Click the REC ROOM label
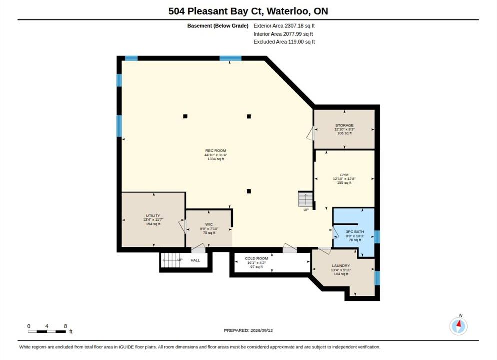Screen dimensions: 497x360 tap(216, 151)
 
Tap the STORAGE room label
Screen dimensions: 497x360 tap(344, 125)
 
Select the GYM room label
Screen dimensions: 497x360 tap(344, 175)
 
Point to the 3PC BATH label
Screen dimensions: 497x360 tap(355, 232)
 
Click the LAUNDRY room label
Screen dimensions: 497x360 tap(341, 266)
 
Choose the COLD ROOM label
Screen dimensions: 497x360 tap(256, 258)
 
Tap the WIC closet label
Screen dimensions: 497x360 tap(209, 224)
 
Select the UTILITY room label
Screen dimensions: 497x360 tap(153, 216)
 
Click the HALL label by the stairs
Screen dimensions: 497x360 tap(195, 260)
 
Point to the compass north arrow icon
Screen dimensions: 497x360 tap(458, 326)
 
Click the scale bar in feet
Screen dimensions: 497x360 tap(47, 332)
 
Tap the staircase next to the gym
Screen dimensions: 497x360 tap(305, 199)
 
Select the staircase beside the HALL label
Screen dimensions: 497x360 tap(170, 260)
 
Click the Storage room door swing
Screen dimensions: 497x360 tap(310, 133)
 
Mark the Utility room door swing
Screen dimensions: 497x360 tap(182, 226)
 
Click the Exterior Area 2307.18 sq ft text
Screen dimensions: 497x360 tap(284, 26)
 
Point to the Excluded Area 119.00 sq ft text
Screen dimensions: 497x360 tap(284, 42)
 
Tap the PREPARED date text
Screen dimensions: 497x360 tap(248, 330)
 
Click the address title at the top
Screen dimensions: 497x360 tap(248, 11)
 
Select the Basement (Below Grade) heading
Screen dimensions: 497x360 tap(218, 26)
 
